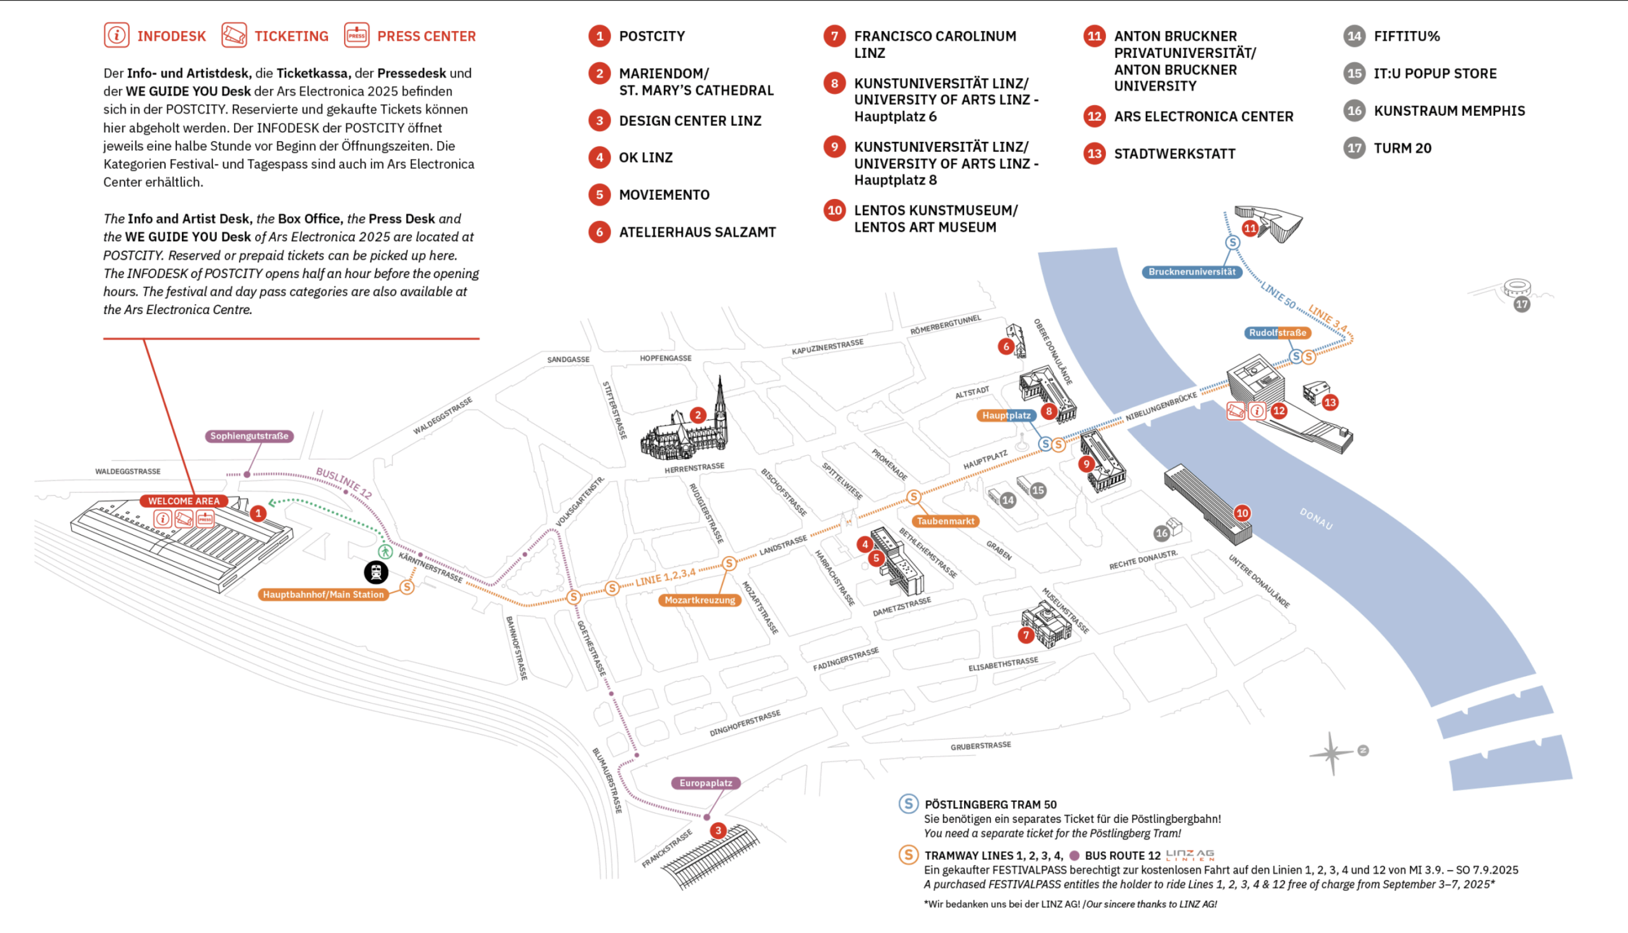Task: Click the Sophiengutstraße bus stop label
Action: pyautogui.click(x=249, y=436)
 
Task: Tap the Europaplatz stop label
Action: pyautogui.click(x=705, y=783)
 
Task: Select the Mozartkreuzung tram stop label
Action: pyautogui.click(x=700, y=600)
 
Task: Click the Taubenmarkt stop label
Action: pyautogui.click(x=945, y=521)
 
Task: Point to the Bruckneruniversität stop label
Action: pyautogui.click(x=1192, y=272)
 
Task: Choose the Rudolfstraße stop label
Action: pyautogui.click(x=1277, y=333)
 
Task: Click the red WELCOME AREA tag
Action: pyautogui.click(x=184, y=501)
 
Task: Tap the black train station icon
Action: pyautogui.click(x=376, y=572)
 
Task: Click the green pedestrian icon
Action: pyautogui.click(x=385, y=551)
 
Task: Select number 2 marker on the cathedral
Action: pyautogui.click(x=698, y=415)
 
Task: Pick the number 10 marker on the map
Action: pyautogui.click(x=1241, y=513)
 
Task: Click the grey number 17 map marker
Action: pyautogui.click(x=1522, y=305)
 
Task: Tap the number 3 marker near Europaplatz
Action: pyautogui.click(x=718, y=831)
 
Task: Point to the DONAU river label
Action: pyautogui.click(x=1316, y=519)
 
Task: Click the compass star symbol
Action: pyautogui.click(x=1332, y=753)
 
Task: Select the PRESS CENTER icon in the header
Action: pyautogui.click(x=356, y=35)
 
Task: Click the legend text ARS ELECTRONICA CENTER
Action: pyautogui.click(x=1203, y=116)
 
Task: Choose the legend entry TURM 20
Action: pyautogui.click(x=1402, y=148)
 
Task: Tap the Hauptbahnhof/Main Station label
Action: pyautogui.click(x=323, y=595)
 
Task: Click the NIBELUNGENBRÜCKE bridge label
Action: pyautogui.click(x=1161, y=407)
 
